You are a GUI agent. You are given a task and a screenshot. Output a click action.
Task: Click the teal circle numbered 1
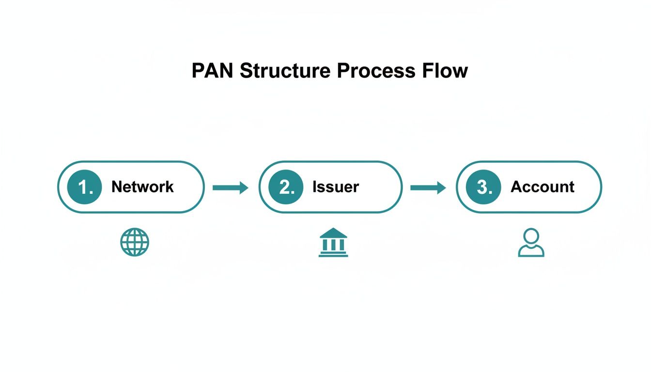coord(84,187)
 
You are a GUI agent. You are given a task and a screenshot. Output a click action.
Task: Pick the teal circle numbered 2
coord(286,187)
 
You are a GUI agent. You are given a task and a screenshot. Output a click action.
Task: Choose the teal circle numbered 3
coord(483,187)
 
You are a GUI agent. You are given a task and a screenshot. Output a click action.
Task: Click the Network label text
coord(142,187)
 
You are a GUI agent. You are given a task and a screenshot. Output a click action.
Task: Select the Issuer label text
coord(336,187)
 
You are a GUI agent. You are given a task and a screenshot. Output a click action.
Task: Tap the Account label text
coord(542,187)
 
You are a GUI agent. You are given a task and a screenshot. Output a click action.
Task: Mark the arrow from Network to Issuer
coord(230,187)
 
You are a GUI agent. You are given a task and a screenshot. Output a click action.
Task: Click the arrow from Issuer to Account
coord(428,187)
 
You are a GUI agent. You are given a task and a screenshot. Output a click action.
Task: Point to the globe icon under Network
coord(135,242)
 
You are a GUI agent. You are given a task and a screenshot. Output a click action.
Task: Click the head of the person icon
coord(531,236)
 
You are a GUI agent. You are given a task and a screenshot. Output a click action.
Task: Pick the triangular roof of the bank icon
coord(333,233)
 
